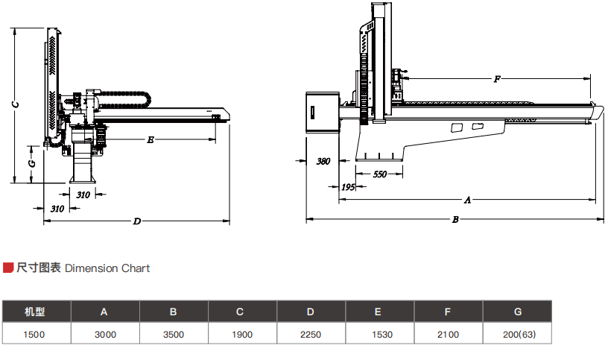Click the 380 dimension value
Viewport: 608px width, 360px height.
click(323, 161)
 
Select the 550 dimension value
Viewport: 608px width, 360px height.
click(380, 174)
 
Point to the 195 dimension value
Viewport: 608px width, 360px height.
click(347, 187)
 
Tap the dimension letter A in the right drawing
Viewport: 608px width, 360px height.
click(468, 200)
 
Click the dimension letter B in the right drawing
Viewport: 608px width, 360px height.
click(455, 219)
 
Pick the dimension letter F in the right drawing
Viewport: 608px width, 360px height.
click(497, 78)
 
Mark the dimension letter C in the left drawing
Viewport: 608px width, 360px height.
click(15, 104)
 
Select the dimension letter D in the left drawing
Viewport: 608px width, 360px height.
click(136, 221)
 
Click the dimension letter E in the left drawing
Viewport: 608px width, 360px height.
click(151, 139)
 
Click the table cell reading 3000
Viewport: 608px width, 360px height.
click(105, 335)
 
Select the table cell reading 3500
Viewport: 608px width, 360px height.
click(174, 335)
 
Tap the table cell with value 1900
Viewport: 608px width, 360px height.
click(242, 335)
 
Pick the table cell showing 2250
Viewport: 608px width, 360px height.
click(311, 335)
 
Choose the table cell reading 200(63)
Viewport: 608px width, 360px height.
click(517, 335)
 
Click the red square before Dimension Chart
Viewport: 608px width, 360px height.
click(9, 268)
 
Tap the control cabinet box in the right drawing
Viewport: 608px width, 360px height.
click(322, 112)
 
